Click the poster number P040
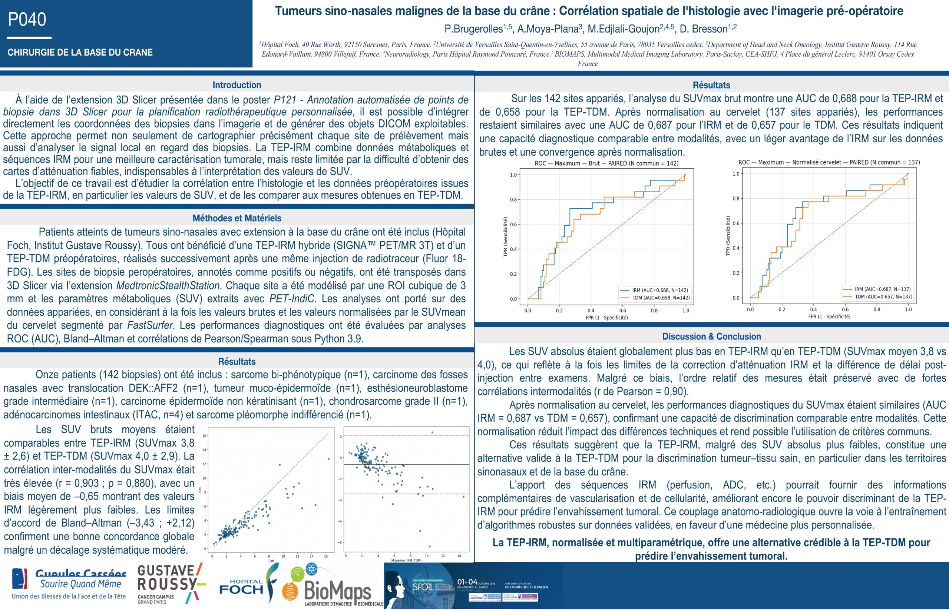(27, 19)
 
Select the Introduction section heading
(237, 85)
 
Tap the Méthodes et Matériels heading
(237, 218)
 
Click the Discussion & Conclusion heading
(711, 336)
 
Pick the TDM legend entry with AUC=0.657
(877, 297)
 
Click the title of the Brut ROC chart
(606, 163)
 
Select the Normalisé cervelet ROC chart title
(829, 162)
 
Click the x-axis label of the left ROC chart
(606, 317)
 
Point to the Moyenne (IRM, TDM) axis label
(406, 560)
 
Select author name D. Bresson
(707, 29)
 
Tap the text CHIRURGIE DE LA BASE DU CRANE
(80, 52)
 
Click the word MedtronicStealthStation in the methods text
(168, 286)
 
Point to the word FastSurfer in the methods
(149, 325)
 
